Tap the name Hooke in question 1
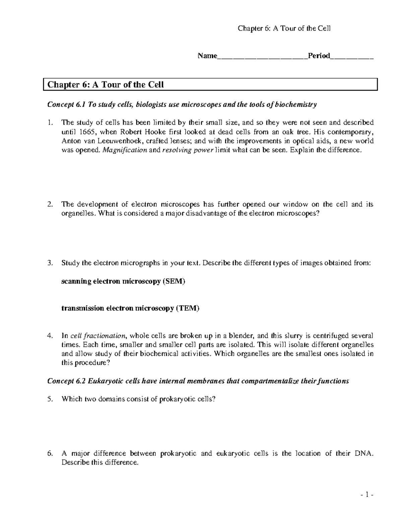pyautogui.click(x=154, y=132)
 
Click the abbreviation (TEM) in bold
pyautogui.click(x=188, y=308)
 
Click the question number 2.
pyautogui.click(x=50, y=204)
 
